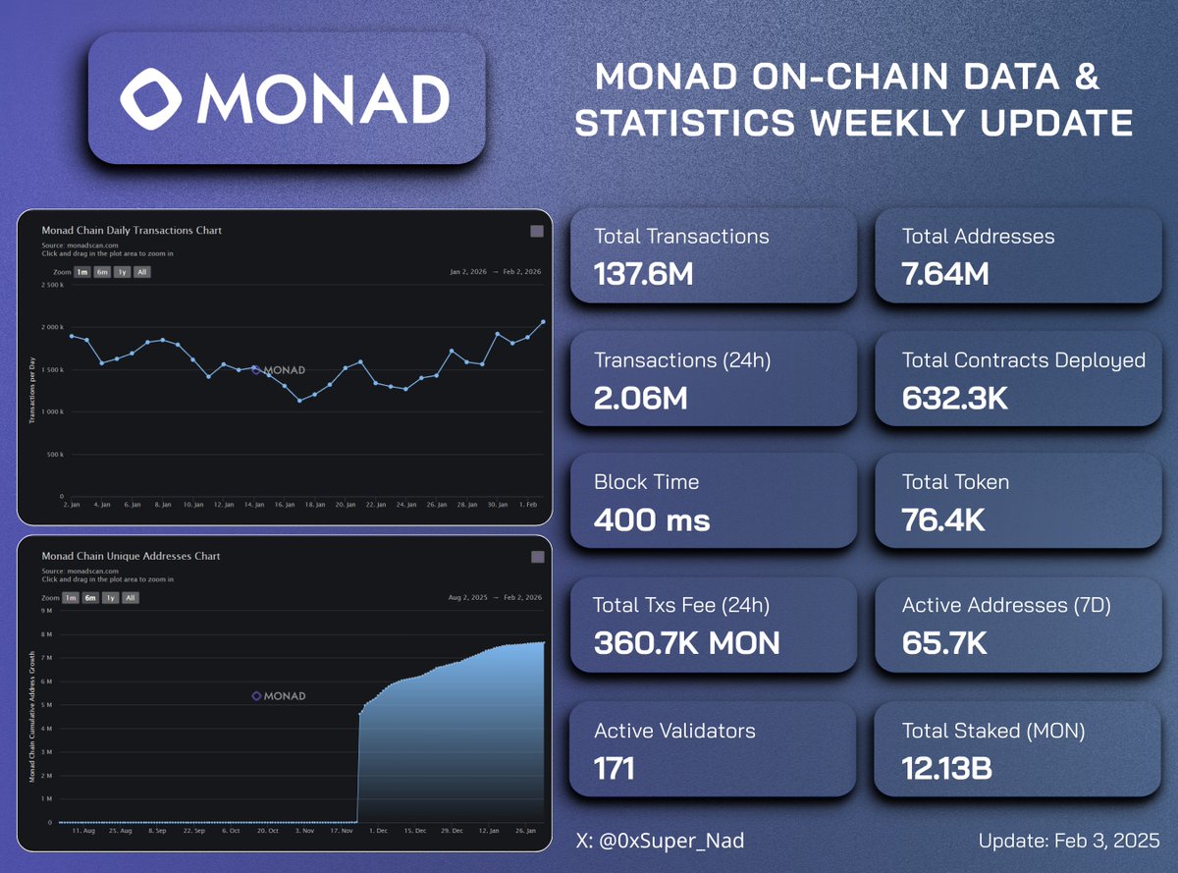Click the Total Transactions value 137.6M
pyautogui.click(x=644, y=274)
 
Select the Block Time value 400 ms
pyautogui.click(x=652, y=519)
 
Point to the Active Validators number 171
pyautogui.click(x=615, y=768)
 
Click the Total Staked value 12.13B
pyautogui.click(x=946, y=768)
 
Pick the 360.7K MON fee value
pyautogui.click(x=687, y=643)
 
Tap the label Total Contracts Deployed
pyautogui.click(x=1023, y=360)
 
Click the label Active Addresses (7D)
pyautogui.click(x=1006, y=606)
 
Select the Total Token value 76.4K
pyautogui.click(x=943, y=519)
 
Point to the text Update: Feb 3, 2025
pyautogui.click(x=1069, y=842)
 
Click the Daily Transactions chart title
pyautogui.click(x=132, y=231)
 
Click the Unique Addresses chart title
pyautogui.click(x=131, y=556)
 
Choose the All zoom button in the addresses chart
pyautogui.click(x=131, y=597)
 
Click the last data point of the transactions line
pyautogui.click(x=543, y=321)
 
